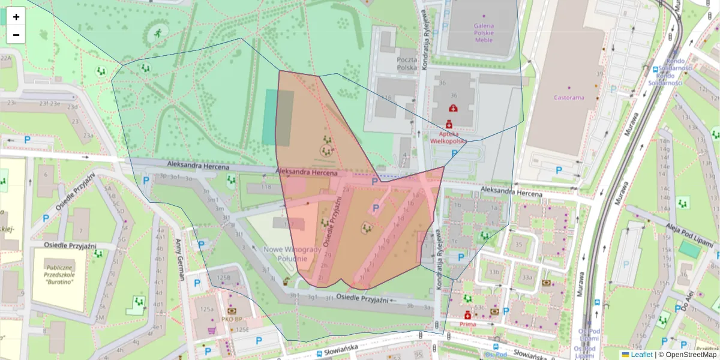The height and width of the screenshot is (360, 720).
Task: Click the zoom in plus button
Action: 16,17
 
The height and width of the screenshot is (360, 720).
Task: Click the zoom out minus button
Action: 16,35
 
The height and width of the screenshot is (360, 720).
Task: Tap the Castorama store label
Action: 569,97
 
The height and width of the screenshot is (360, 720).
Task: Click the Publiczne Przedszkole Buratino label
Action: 59,275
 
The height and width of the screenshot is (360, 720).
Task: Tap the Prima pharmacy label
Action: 467,324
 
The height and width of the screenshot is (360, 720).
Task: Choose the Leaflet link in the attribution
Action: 641,355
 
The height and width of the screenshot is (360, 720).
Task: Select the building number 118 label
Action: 266,187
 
